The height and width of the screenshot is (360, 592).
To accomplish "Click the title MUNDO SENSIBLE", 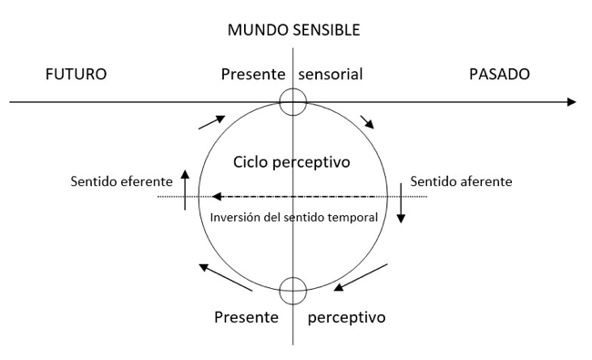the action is (x=294, y=30).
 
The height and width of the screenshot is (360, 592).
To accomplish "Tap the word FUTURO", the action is (x=76, y=74).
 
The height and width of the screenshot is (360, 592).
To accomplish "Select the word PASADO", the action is (x=499, y=74).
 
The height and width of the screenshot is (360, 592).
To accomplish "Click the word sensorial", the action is (x=331, y=74).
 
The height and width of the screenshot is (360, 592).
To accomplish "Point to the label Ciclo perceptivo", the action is (x=291, y=162).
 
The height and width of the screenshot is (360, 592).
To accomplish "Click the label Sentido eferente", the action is (x=121, y=181).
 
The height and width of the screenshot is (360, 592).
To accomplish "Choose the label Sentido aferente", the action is (x=461, y=181).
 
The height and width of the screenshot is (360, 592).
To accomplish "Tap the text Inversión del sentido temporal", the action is (x=294, y=218).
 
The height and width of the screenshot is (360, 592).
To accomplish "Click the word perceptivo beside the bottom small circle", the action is (x=347, y=318).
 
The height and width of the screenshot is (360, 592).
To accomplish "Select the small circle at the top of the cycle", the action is (x=293, y=88).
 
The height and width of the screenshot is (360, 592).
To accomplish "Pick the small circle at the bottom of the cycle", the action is (x=293, y=278).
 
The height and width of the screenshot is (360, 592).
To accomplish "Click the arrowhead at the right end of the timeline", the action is (x=572, y=102).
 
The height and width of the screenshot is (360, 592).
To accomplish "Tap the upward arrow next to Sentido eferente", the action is (x=185, y=190).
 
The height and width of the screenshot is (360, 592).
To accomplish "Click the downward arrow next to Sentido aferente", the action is (x=401, y=203).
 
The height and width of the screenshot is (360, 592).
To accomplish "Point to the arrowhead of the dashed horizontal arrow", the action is (x=217, y=197).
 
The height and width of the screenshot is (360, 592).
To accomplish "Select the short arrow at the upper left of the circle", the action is (x=212, y=122).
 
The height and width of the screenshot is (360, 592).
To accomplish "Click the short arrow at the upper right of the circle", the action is (x=367, y=122).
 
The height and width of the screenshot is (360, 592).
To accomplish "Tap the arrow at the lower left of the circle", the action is (x=225, y=277).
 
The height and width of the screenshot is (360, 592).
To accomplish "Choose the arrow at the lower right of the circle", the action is (x=361, y=277).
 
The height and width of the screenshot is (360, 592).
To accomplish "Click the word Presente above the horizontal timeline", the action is (x=253, y=74).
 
